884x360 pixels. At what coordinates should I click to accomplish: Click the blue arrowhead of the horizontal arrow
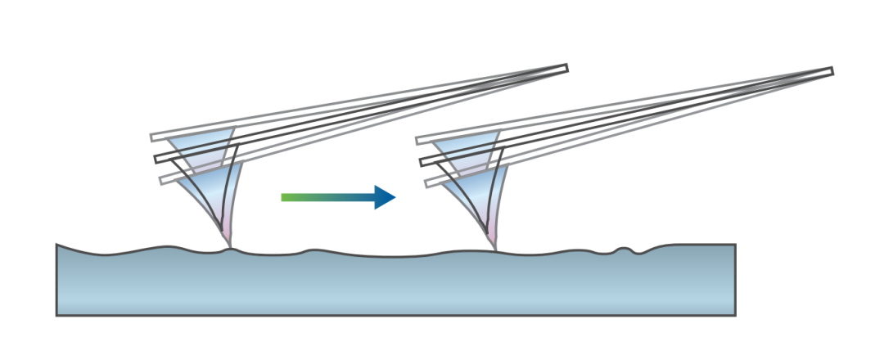pyautogui.click(x=385, y=197)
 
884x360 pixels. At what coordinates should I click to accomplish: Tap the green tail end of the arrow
pyautogui.click(x=284, y=197)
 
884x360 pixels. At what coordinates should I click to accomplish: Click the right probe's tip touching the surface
pyautogui.click(x=494, y=246)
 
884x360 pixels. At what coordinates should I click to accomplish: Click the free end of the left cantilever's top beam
pyautogui.click(x=153, y=137)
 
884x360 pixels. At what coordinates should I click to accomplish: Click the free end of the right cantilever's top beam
pyautogui.click(x=418, y=141)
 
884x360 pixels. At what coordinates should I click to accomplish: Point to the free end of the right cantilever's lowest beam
pyautogui.click(x=428, y=183)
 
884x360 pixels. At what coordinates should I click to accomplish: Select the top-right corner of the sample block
pyautogui.click(x=734, y=245)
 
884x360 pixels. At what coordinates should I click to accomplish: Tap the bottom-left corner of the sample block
pyautogui.click(x=56, y=315)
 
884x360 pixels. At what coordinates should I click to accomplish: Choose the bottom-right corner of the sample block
pyautogui.click(x=735, y=315)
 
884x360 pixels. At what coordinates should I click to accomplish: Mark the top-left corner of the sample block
pyautogui.click(x=56, y=244)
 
